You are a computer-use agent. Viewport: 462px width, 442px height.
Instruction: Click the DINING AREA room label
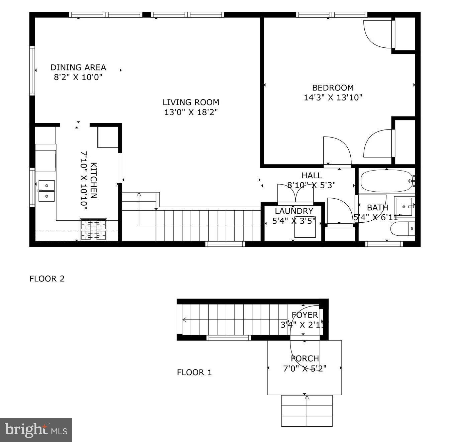pyautogui.click(x=78, y=67)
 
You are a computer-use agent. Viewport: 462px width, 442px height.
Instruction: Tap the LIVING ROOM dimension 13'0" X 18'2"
pyautogui.click(x=191, y=112)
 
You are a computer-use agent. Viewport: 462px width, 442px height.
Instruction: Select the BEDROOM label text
pyautogui.click(x=333, y=88)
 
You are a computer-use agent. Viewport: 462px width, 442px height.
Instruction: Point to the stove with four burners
pyautogui.click(x=94, y=230)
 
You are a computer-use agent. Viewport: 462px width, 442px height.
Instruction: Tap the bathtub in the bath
pyautogui.click(x=386, y=181)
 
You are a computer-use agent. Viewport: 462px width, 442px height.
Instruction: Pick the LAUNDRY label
pyautogui.click(x=294, y=211)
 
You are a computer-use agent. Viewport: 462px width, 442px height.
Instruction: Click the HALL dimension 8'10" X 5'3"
pyautogui.click(x=311, y=185)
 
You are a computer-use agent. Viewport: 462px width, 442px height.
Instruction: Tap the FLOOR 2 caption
pyautogui.click(x=47, y=279)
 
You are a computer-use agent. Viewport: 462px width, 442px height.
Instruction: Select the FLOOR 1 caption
pyautogui.click(x=194, y=372)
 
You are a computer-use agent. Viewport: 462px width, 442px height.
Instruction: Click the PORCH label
pyautogui.click(x=305, y=359)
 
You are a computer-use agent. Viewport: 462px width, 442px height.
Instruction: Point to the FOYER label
pyautogui.click(x=305, y=315)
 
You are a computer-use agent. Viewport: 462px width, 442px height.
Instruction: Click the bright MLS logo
pyautogui.click(x=36, y=430)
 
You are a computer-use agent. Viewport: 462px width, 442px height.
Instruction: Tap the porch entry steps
pyautogui.click(x=307, y=411)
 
